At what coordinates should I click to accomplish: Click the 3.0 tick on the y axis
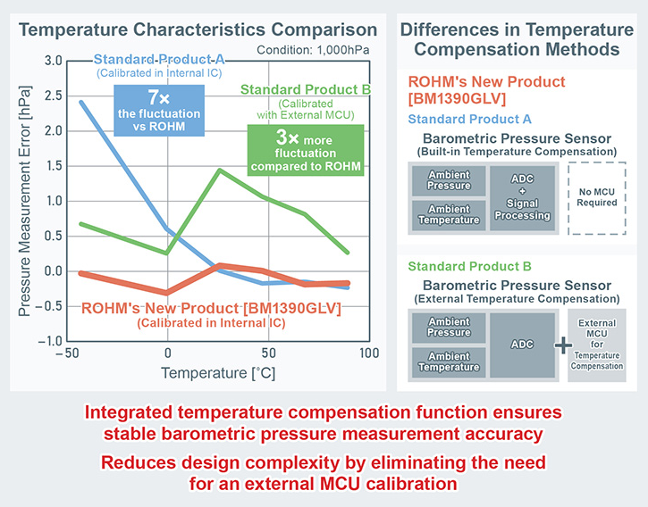[x=54, y=61]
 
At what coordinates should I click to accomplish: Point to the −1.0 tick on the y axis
[x=49, y=342]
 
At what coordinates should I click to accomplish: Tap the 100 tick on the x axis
[x=368, y=353]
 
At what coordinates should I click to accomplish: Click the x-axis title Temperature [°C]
[x=218, y=373]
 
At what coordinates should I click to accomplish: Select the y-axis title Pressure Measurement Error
[x=24, y=201]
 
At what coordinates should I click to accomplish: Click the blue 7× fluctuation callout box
[x=159, y=111]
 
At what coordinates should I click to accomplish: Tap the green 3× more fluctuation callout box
[x=306, y=150]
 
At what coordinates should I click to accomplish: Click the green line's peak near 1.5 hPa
[x=220, y=170]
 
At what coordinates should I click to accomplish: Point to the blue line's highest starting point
[x=81, y=102]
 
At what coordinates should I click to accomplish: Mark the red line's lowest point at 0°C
[x=167, y=293]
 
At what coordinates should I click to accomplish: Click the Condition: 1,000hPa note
[x=313, y=50]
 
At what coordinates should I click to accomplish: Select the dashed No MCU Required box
[x=597, y=198]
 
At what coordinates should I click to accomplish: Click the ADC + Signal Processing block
[x=522, y=198]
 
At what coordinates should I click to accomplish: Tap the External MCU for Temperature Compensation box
[x=597, y=345]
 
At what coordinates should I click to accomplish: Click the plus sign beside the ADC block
[x=563, y=345]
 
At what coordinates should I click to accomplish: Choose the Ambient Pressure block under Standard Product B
[x=449, y=328]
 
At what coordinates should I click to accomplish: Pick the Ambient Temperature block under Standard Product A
[x=449, y=215]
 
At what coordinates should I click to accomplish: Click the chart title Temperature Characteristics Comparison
[x=198, y=29]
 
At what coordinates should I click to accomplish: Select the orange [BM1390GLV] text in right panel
[x=457, y=99]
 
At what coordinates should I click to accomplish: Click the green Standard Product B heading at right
[x=469, y=266]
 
